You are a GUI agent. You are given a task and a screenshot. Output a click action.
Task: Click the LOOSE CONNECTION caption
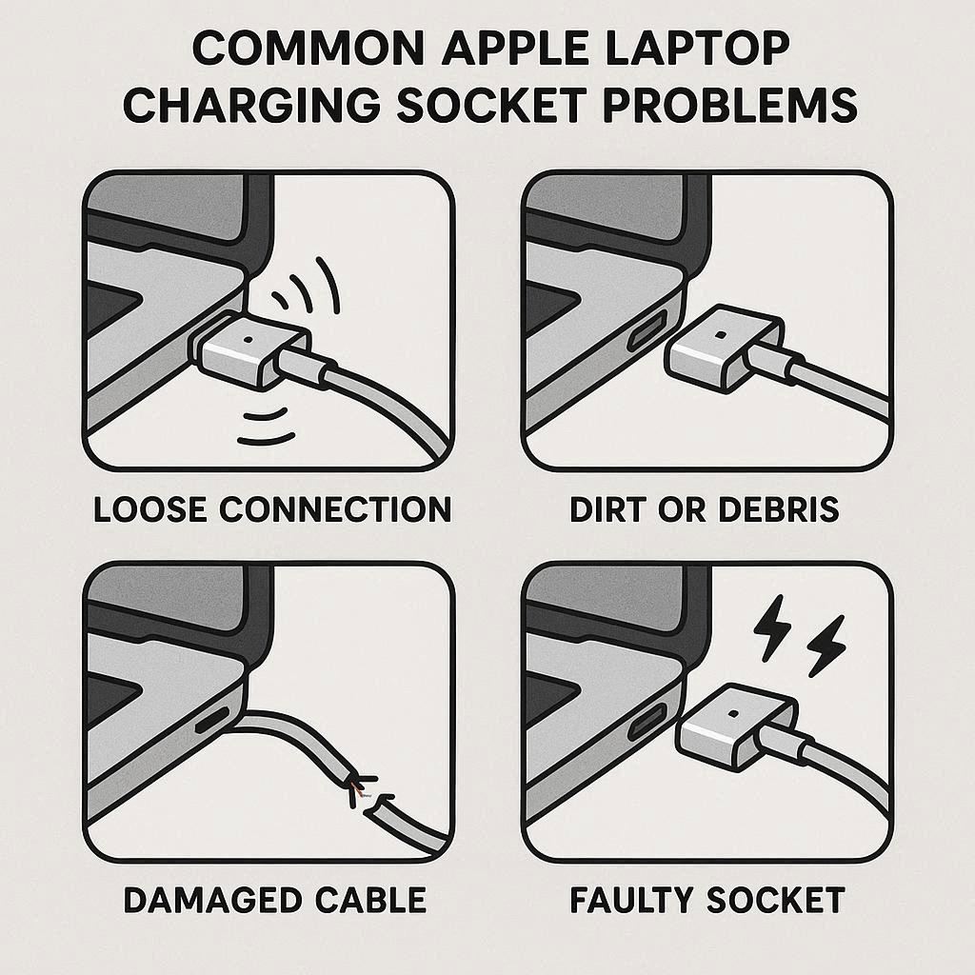point(272,509)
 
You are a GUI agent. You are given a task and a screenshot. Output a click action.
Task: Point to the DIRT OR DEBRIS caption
point(704,509)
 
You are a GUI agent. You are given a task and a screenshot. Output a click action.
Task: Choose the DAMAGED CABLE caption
point(275,900)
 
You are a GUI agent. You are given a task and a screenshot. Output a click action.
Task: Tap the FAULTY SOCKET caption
point(707,900)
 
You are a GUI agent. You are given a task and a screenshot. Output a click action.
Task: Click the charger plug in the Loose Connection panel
point(251,349)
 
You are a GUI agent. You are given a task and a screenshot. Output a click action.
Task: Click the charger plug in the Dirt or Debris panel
point(725,348)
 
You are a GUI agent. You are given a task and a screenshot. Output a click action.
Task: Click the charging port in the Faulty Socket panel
point(647,722)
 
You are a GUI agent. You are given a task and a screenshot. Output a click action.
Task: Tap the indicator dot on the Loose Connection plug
point(249,340)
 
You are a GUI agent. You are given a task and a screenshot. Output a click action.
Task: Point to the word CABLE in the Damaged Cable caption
point(370,900)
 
